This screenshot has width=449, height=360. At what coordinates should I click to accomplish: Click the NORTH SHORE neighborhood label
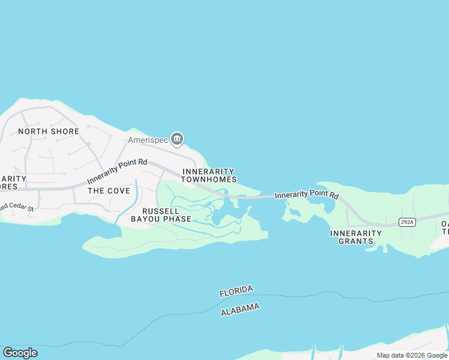tap(49, 131)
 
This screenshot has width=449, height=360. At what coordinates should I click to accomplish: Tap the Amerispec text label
tap(147, 140)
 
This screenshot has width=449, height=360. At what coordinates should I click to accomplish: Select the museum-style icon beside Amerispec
tap(177, 140)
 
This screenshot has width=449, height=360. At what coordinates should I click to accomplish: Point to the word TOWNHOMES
tap(209, 179)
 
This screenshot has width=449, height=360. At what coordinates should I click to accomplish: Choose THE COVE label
tap(109, 191)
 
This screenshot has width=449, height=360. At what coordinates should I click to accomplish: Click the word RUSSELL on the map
tap(160, 211)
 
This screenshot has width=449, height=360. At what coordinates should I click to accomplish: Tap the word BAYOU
tap(144, 219)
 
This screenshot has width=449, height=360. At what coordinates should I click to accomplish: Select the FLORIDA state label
tap(236, 292)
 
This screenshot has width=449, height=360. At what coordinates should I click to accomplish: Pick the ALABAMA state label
tap(240, 310)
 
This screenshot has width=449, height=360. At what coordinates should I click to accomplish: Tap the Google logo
tap(20, 353)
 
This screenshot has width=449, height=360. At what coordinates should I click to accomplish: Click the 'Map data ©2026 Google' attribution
tap(412, 355)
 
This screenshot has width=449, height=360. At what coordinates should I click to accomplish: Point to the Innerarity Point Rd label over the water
tap(307, 195)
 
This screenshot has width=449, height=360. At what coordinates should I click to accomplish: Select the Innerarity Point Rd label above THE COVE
tap(117, 171)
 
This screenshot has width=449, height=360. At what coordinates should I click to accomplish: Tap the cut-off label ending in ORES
tap(9, 186)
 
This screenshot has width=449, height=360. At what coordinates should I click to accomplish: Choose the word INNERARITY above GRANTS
tap(356, 233)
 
